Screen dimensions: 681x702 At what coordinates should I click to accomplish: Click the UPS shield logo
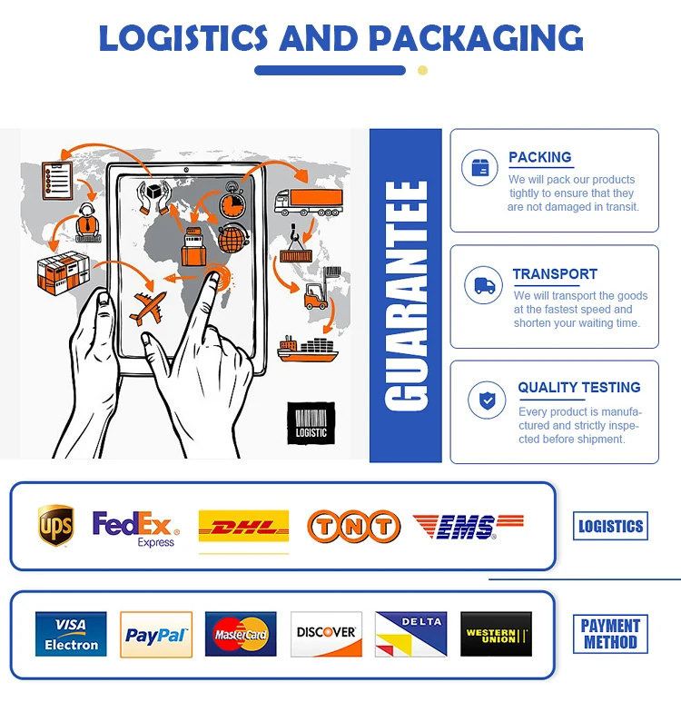(55, 526)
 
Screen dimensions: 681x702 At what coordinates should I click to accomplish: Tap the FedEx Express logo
(135, 528)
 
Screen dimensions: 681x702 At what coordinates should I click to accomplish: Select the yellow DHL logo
(243, 527)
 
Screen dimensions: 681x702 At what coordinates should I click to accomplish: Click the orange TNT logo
(353, 527)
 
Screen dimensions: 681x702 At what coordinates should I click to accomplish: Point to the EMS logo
(468, 526)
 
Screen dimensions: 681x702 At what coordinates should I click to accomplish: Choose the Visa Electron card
(71, 634)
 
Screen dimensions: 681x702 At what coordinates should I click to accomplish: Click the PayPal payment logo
(156, 635)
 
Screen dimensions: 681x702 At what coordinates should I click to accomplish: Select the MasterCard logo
(241, 634)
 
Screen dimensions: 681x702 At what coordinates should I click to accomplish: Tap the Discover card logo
(326, 634)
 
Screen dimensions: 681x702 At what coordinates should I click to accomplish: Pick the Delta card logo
(410, 634)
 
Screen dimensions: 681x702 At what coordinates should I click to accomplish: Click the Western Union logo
(496, 634)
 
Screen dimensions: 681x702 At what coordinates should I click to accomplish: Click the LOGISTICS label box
(610, 526)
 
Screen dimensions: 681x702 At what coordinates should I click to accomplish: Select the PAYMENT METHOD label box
(610, 634)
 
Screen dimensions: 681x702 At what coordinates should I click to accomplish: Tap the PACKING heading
(539, 157)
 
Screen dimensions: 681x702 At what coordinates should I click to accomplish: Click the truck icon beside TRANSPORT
(484, 285)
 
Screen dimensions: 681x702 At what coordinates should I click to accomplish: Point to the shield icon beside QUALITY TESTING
(487, 400)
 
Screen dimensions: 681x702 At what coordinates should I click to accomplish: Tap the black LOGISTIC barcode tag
(311, 423)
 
